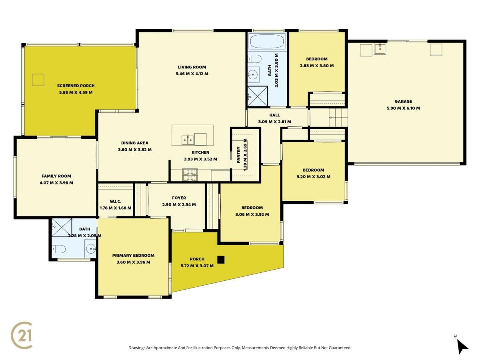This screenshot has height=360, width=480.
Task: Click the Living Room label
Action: tap(192, 67)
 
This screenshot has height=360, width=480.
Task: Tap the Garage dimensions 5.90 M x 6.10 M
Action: tap(403, 108)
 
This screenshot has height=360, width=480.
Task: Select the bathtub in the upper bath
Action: tap(267, 41)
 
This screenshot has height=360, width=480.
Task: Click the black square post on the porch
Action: tap(221, 260)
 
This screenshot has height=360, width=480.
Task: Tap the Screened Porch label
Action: tap(76, 86)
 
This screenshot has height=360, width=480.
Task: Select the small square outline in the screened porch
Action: tap(38, 80)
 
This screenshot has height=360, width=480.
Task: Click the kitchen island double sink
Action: tap(188, 140)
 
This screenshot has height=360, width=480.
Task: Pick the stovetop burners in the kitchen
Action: tap(190, 175)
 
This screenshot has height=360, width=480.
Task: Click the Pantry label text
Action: tap(238, 155)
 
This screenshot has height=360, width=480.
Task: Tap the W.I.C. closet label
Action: tap(116, 201)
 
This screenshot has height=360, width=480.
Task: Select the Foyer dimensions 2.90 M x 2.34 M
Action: tap(179, 204)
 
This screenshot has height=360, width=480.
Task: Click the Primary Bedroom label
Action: tap(133, 255)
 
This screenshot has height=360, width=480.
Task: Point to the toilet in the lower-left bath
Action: tap(59, 249)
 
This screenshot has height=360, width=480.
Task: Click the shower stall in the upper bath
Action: tap(258, 96)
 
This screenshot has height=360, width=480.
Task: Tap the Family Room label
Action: tap(56, 176)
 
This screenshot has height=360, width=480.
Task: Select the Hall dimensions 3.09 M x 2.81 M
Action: tap(274, 122)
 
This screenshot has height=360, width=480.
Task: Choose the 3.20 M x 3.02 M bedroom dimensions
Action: tap(313, 177)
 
